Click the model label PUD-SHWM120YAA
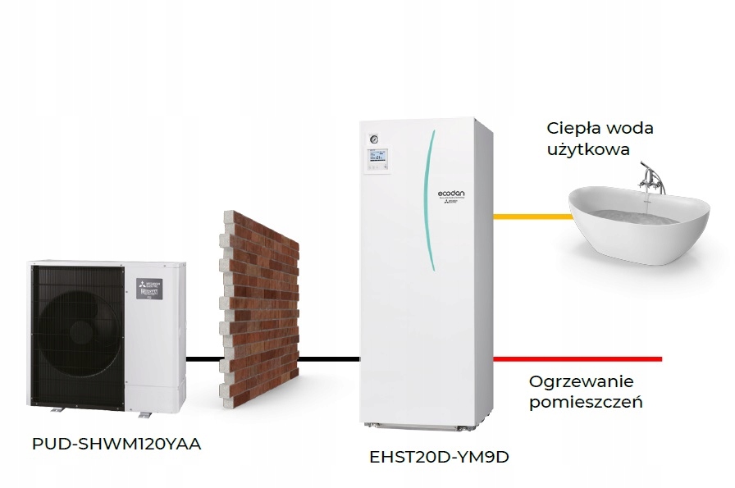coord(116,444)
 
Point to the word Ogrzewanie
coord(581,382)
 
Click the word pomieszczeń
coord(585,403)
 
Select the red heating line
coord(577,358)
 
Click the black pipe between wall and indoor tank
coord(329,358)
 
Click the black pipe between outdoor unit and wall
coord(203,358)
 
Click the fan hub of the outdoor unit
coord(81,332)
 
